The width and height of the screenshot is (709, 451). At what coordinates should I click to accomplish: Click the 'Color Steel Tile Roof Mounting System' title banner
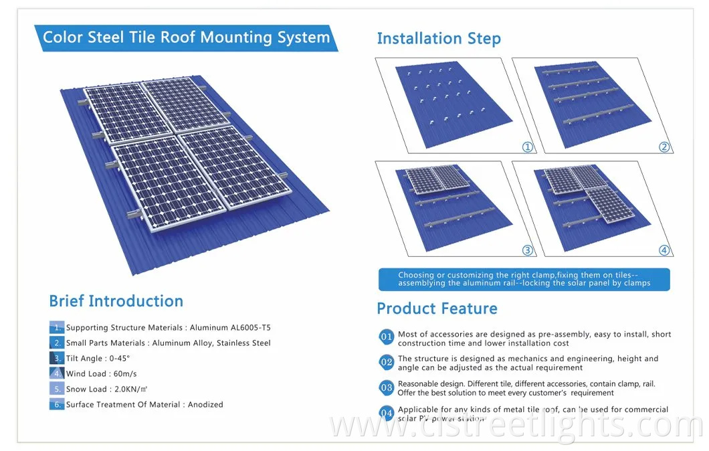(x=186, y=37)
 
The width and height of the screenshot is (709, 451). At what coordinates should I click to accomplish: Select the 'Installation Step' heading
(x=438, y=39)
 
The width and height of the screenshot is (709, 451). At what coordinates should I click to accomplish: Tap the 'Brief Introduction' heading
(x=116, y=301)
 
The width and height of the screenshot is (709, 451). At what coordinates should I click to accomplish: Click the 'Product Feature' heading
(x=437, y=308)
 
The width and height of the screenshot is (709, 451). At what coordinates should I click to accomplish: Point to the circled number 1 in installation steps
(x=528, y=147)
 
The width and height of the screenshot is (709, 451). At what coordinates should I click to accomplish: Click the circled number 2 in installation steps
(x=664, y=147)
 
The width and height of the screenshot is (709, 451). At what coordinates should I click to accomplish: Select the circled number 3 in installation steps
(x=528, y=250)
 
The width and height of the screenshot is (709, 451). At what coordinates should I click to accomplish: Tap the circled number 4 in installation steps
(x=664, y=250)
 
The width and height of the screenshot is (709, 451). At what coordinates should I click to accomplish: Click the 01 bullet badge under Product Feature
(x=387, y=337)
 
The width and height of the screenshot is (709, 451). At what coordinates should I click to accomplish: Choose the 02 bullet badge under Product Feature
(x=387, y=362)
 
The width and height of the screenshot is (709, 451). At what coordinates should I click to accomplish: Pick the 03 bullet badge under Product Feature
(x=387, y=387)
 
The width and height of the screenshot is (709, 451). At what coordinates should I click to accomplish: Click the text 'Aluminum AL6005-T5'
(x=230, y=328)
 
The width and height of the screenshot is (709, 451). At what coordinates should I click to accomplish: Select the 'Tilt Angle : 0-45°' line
(x=98, y=359)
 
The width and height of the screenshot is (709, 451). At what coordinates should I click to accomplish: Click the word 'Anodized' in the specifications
(x=205, y=405)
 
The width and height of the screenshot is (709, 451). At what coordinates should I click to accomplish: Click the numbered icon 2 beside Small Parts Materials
(x=57, y=343)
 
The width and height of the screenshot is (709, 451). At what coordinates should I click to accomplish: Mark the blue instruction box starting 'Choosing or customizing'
(x=524, y=279)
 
